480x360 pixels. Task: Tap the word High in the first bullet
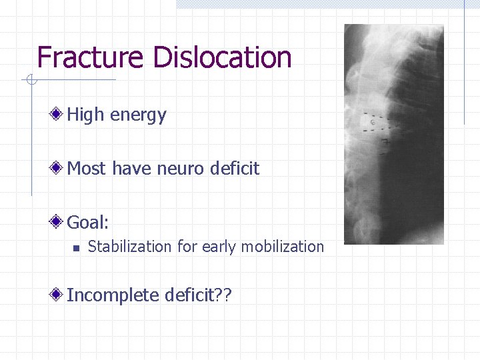point(86,115)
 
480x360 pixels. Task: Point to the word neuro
point(181,169)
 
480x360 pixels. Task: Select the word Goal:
point(87,221)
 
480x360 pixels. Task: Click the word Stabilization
point(130,247)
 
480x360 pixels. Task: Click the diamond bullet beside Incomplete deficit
point(59,294)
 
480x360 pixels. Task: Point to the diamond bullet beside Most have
point(59,168)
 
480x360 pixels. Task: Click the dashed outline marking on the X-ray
point(373,123)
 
